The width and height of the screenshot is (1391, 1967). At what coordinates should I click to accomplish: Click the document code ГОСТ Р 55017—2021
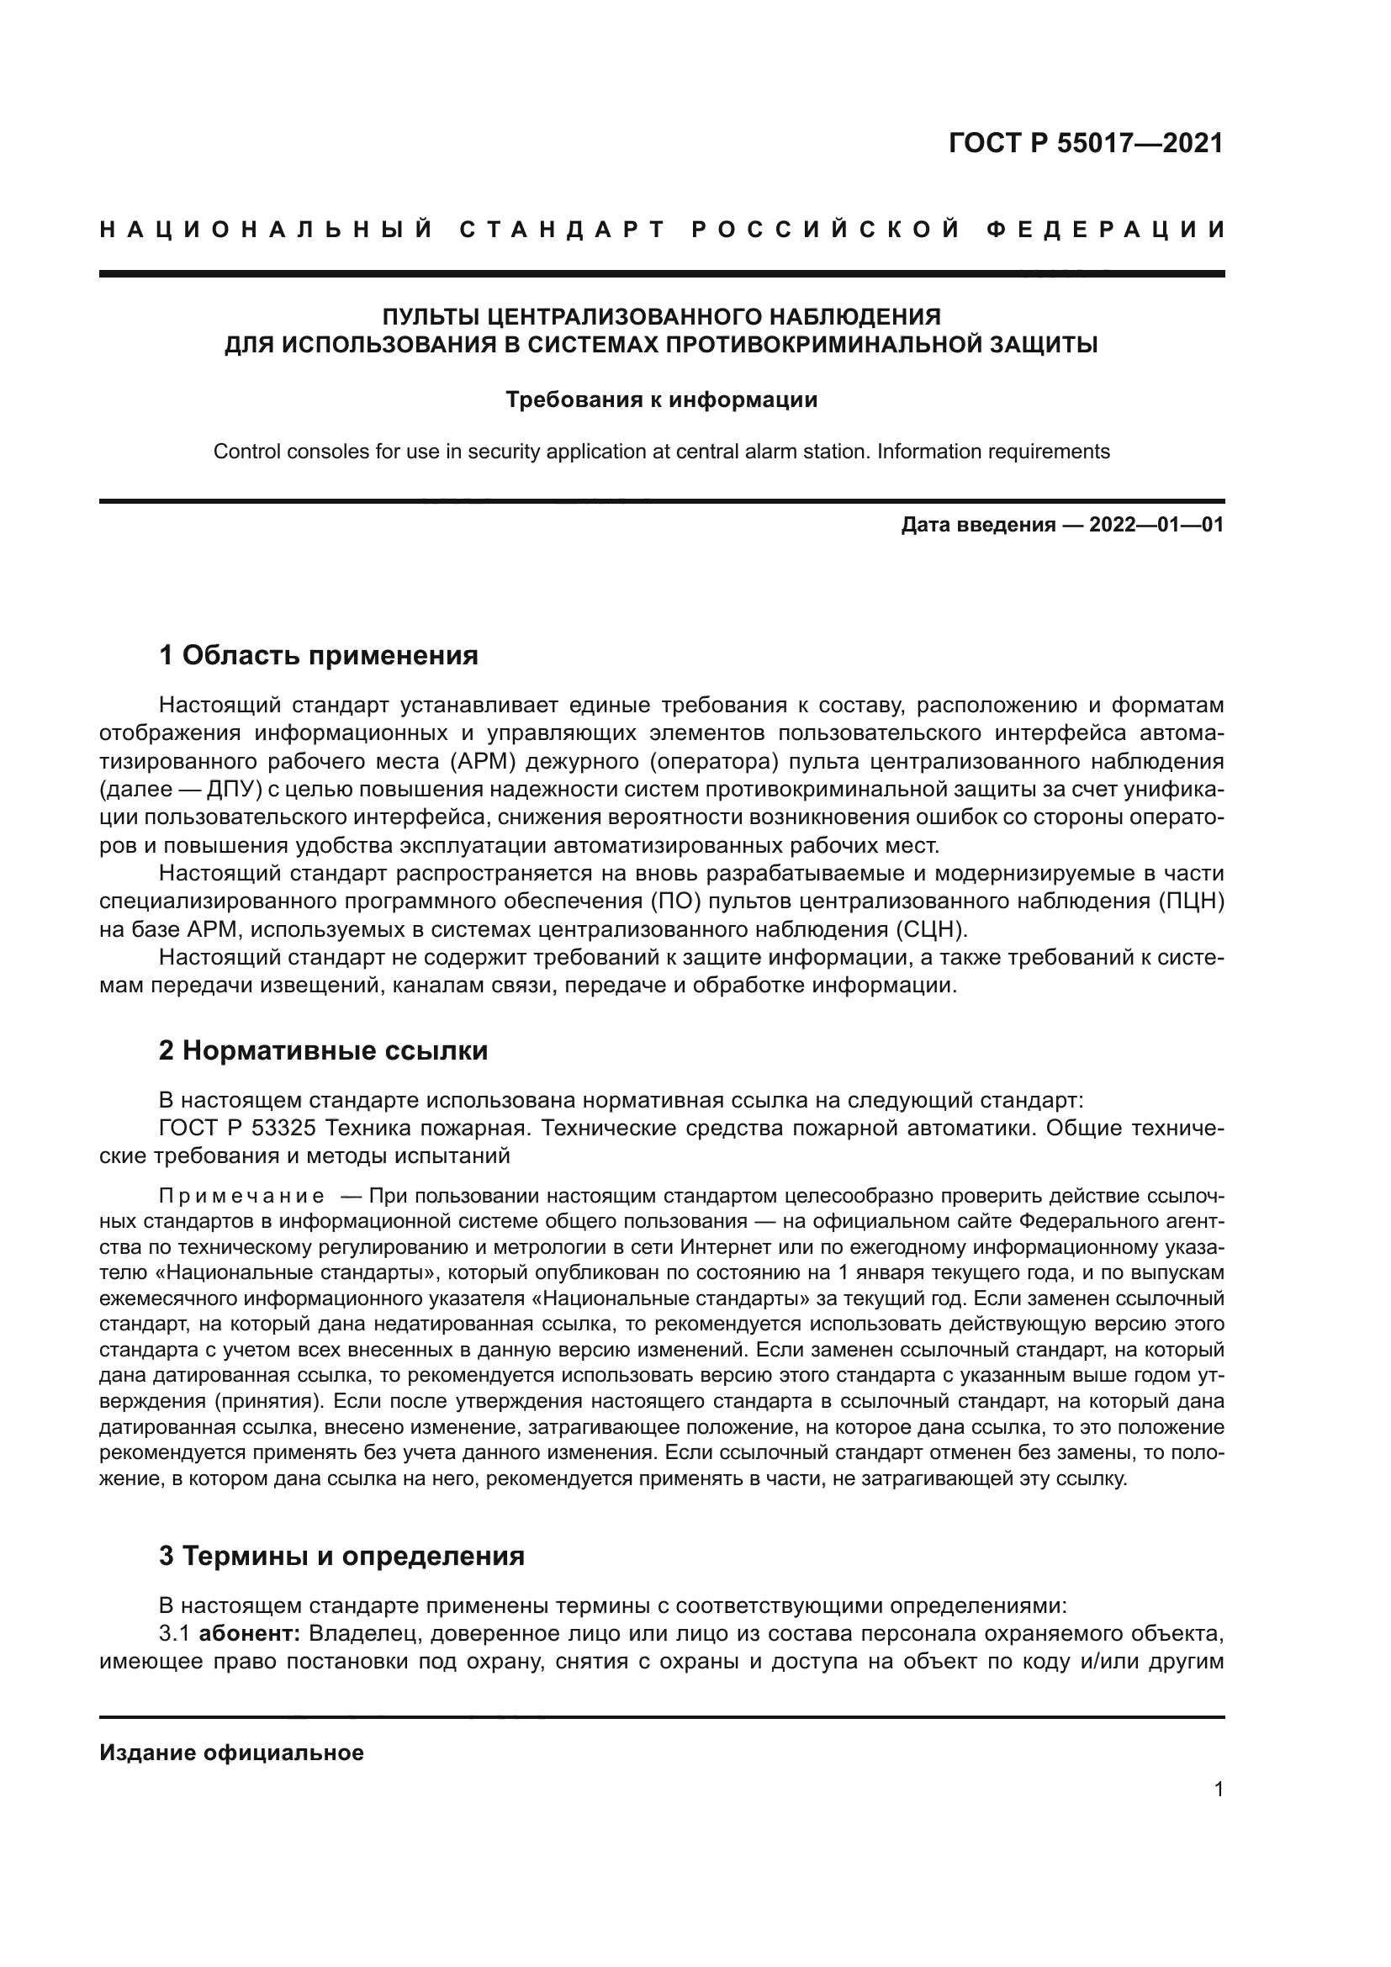(1085, 143)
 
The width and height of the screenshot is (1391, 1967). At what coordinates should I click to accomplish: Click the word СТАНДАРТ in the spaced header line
(563, 230)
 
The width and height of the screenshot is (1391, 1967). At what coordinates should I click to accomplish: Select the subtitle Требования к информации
(661, 399)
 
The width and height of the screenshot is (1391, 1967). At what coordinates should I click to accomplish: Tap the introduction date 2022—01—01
(1156, 524)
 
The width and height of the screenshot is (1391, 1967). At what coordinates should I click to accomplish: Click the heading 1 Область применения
(318, 656)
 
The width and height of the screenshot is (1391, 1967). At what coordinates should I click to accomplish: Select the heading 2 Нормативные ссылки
(323, 1050)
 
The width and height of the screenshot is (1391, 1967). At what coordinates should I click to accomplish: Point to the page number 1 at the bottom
(1219, 1790)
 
